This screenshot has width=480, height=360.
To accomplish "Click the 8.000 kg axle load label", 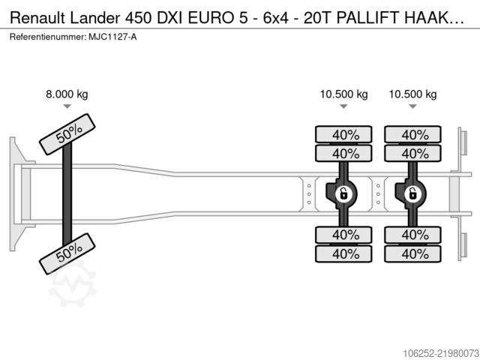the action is tap(67, 94).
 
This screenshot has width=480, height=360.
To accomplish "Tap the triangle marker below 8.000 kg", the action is tap(67, 106).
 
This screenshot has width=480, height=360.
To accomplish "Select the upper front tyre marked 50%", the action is tap(67, 134).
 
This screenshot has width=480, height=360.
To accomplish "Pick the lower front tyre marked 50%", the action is tap(67, 253).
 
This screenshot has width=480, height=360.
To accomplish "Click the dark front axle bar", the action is tap(67, 194).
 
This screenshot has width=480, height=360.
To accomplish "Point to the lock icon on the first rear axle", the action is tap(343, 193).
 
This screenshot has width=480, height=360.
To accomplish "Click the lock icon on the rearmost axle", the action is tap(412, 193).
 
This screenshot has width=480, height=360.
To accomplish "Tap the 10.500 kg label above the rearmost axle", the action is tap(412, 94).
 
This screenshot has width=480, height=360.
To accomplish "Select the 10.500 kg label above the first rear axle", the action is tap(343, 94).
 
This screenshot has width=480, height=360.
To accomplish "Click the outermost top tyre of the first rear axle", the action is tap(343, 134).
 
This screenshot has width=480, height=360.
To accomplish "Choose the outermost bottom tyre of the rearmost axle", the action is tap(412, 253).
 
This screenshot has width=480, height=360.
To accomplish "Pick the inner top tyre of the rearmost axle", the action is tap(412, 153).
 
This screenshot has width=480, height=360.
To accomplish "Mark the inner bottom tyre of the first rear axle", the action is tap(343, 235).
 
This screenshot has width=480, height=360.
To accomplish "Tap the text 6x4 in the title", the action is tap(276, 18).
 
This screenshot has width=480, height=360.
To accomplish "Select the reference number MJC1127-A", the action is tap(112, 37).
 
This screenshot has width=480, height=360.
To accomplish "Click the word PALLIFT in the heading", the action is tap(368, 18).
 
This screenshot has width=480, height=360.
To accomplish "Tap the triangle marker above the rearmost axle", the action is tap(412, 106).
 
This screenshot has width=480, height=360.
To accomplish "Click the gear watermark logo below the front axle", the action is tap(73, 284).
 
